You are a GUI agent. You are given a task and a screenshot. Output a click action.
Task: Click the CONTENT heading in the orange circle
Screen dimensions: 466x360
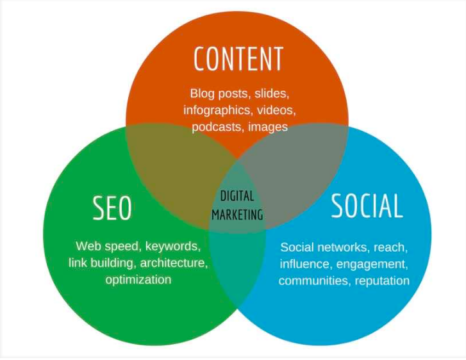click(238, 60)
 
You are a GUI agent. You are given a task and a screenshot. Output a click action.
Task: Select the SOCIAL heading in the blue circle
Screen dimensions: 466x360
click(367, 206)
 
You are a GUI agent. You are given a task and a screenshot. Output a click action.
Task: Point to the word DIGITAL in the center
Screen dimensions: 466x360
click(237, 197)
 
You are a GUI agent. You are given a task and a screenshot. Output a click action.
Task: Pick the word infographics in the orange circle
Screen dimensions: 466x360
click(212, 110)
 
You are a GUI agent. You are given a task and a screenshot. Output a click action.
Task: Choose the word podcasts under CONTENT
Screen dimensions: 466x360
click(215, 127)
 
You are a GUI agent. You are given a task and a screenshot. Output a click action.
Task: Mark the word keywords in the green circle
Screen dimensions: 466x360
click(174, 246)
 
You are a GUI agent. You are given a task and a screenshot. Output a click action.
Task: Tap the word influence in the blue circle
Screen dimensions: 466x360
click(303, 263)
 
